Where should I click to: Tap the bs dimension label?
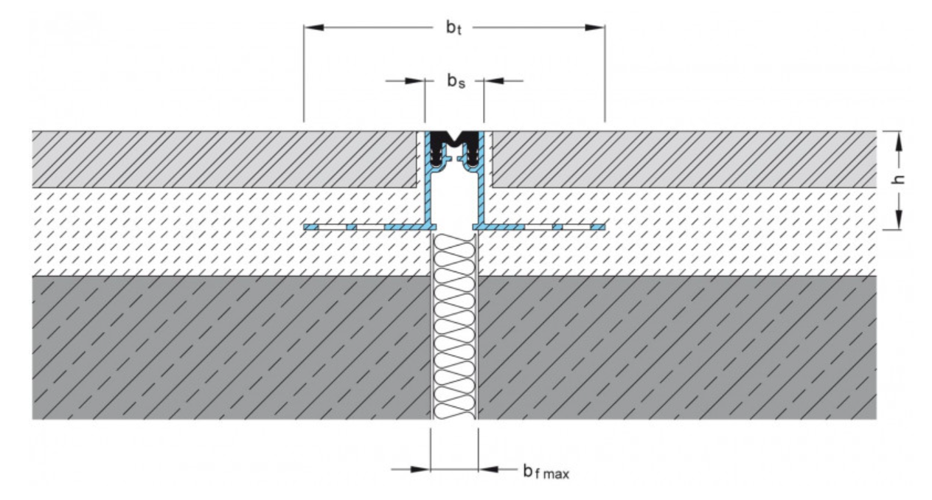pos(454,81)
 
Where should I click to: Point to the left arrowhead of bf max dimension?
pos(421,468)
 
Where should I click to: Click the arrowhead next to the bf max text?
pos(487,468)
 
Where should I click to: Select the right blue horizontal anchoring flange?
pos(538,226)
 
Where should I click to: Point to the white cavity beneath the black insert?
pos(453,199)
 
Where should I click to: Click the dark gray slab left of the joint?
pos(221,347)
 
